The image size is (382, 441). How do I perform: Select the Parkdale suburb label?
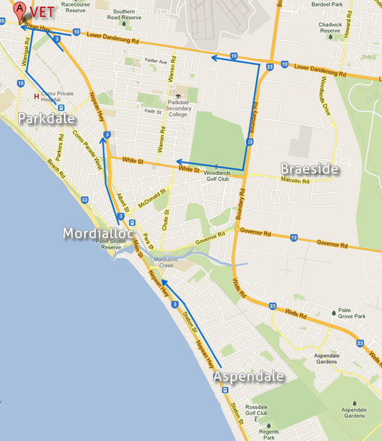[x=46, y=119]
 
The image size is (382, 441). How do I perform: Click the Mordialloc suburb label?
[x=97, y=233]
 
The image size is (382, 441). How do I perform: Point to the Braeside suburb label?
[x=310, y=169]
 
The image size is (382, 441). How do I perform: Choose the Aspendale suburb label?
[x=249, y=377]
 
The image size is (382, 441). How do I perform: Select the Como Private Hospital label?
[x=57, y=95]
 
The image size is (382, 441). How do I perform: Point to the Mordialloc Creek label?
[x=166, y=262]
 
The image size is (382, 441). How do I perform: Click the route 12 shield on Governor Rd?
[x=294, y=236]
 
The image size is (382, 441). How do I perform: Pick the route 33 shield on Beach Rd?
[x=84, y=200]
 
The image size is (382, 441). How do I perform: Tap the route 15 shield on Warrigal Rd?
[x=21, y=83]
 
